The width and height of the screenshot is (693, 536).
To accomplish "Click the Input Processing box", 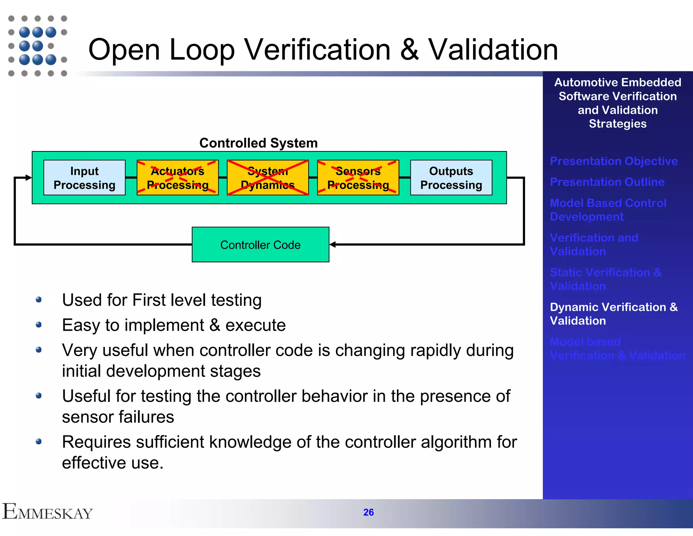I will coord(84,178).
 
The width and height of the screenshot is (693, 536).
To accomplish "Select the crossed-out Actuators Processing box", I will coord(177,178).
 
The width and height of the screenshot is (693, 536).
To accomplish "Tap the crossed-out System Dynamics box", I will coord(268,178).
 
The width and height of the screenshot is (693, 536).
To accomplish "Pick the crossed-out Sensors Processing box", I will coord(358,178).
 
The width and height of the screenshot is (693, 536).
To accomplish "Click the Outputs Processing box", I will coord(451,178).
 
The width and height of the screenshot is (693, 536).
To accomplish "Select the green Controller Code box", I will coord(260,244).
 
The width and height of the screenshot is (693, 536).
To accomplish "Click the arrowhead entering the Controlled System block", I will coord(28,177).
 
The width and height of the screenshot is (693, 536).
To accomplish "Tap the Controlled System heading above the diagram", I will coord(258,143).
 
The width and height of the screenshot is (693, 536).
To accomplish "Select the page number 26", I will coord(368,512).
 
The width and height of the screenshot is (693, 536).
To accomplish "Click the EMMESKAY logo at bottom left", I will coord(47,512).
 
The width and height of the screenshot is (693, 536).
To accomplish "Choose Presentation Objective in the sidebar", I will coord(613,161).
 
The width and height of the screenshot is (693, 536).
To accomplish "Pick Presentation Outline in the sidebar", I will coord(607,182).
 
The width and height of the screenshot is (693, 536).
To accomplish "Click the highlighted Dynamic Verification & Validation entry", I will coord(613,314).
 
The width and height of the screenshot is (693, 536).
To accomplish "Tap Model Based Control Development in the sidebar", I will coord(608,209).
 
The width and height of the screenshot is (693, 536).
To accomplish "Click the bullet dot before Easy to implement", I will coord(39,325).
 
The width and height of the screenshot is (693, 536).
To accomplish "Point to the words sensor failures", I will coord(118,417).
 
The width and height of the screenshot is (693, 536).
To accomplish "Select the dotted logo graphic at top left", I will coord(37,46).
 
